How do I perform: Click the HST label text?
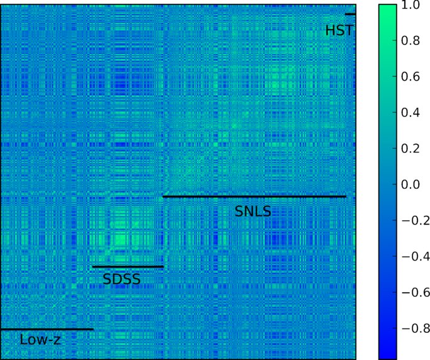(x=339, y=30)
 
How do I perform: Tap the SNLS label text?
(x=252, y=211)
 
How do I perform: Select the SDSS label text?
(x=122, y=279)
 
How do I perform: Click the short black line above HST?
(x=350, y=14)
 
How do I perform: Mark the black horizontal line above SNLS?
(x=254, y=197)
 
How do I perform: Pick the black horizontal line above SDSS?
(x=128, y=267)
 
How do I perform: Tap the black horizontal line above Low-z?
(x=47, y=329)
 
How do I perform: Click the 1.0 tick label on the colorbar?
(x=412, y=6)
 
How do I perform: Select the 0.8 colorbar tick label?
(x=412, y=42)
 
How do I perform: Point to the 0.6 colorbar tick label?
(x=412, y=77)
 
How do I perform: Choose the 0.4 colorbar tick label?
(x=412, y=113)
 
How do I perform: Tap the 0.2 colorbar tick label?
(x=412, y=149)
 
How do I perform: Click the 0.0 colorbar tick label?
(x=412, y=185)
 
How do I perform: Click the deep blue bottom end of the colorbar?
(x=388, y=354)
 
